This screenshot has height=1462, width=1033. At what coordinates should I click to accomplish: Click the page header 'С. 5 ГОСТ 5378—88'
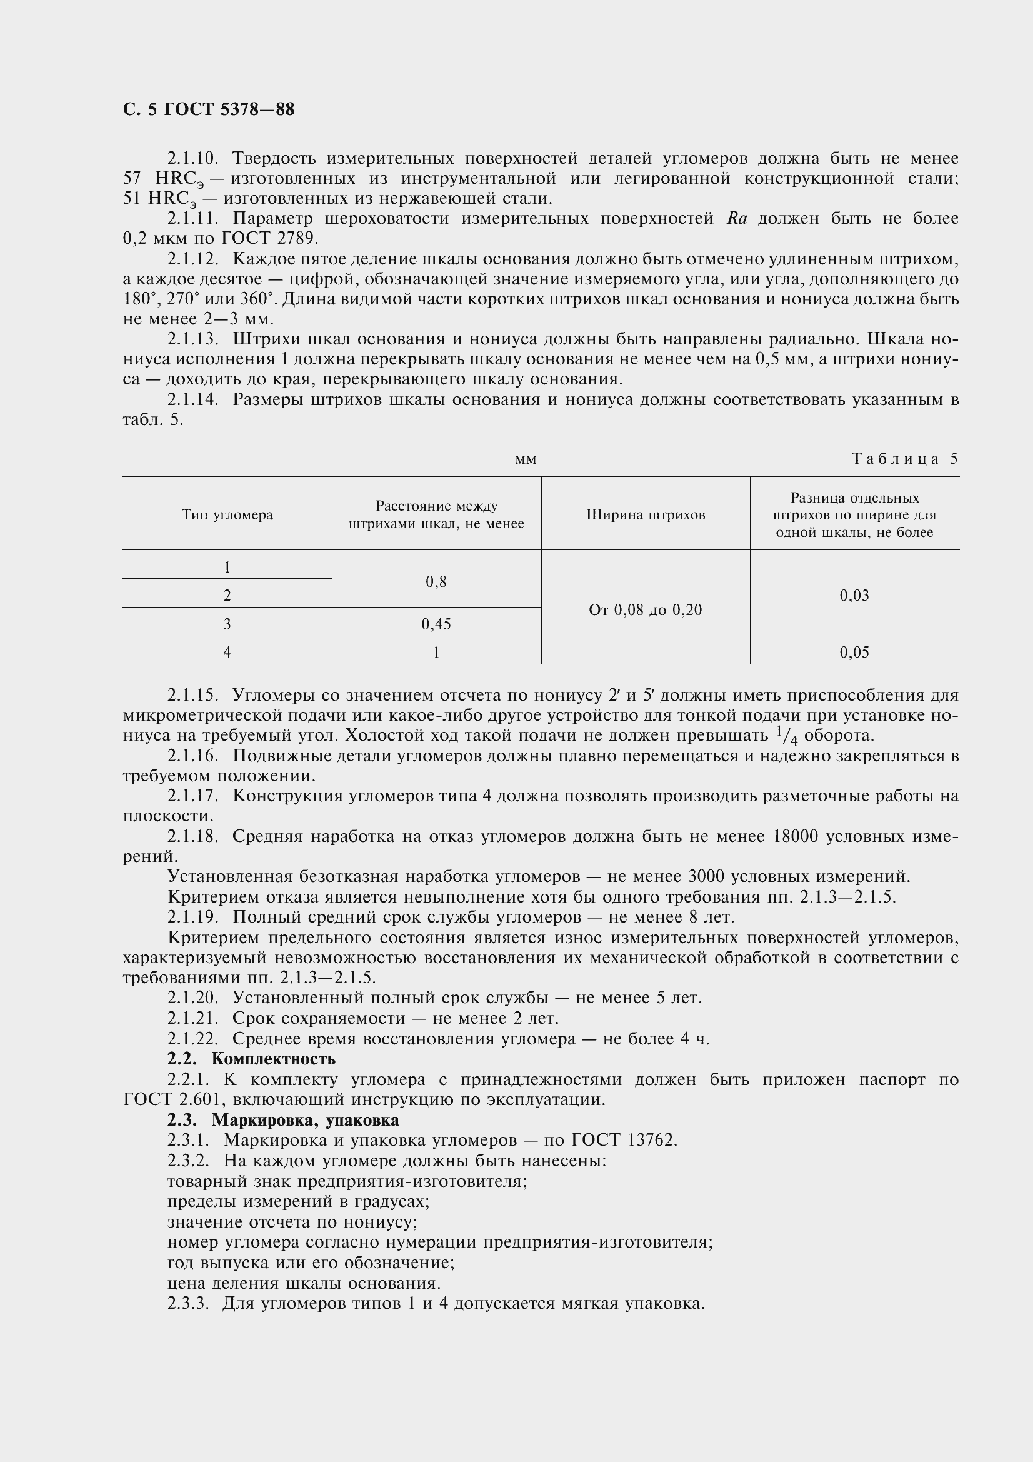[209, 109]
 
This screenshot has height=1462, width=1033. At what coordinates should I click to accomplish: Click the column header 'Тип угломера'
[227, 515]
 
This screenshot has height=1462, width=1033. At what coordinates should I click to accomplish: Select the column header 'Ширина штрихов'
[646, 515]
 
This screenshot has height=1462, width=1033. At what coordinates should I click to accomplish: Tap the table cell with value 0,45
[436, 624]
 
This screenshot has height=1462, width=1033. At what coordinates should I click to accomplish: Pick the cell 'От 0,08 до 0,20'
[646, 610]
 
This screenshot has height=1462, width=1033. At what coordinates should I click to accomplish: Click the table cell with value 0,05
[854, 652]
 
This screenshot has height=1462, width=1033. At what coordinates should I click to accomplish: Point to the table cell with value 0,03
[854, 596]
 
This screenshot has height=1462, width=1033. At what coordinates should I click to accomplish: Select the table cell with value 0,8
[436, 581]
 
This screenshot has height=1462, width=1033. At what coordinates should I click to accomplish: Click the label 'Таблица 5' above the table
[904, 459]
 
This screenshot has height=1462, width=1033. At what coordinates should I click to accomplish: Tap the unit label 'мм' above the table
[526, 460]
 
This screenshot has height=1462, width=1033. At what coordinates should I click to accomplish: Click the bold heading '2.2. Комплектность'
[251, 1059]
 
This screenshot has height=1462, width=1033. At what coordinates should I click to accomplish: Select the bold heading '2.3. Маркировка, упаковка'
[282, 1119]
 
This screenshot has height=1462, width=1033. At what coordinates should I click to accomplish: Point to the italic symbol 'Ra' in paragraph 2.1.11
[736, 218]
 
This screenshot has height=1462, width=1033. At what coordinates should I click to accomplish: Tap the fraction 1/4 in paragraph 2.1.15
[787, 736]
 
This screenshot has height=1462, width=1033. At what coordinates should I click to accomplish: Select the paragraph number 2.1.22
[193, 1039]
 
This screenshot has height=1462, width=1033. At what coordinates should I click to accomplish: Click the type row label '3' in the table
[227, 624]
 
